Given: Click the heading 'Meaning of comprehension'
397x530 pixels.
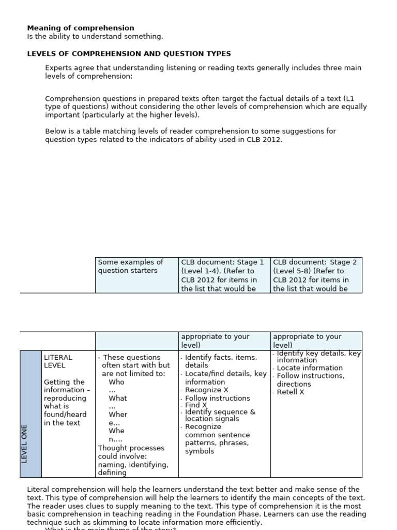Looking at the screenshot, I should (80, 28).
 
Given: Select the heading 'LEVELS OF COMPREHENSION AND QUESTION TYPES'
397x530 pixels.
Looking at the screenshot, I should (129, 54).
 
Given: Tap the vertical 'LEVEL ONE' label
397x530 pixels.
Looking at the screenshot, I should (25, 443).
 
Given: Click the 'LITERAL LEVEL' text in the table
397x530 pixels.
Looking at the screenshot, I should (58, 361).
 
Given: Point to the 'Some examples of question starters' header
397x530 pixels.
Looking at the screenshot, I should (130, 266).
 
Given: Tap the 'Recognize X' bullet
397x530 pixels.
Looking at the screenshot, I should (206, 390).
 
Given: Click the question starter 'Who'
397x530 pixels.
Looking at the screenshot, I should (116, 382).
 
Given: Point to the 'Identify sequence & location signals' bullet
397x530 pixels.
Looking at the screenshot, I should (220, 415).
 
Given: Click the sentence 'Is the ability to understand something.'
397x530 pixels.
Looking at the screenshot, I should (95, 36).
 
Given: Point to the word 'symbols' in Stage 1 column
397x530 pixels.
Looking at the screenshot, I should (199, 451).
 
